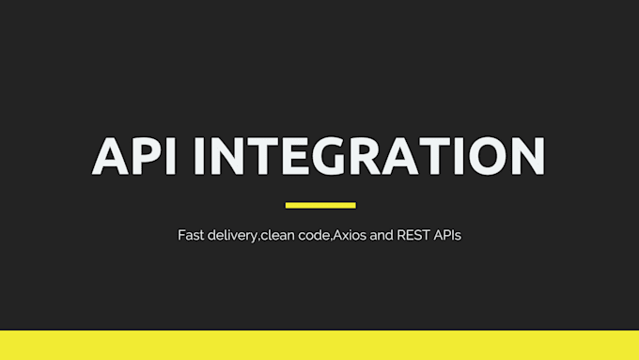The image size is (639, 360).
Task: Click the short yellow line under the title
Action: pyautogui.click(x=319, y=204)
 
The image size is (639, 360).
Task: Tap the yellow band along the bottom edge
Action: pyautogui.click(x=319, y=345)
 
